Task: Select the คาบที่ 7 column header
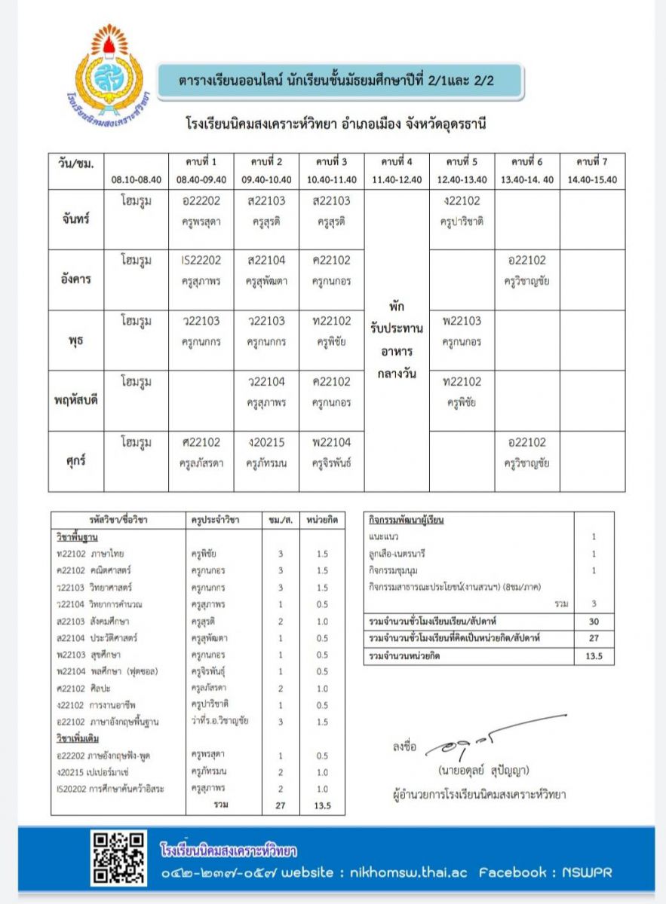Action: [x=592, y=162]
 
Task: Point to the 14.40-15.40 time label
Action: [x=592, y=180]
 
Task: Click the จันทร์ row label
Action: [x=75, y=220]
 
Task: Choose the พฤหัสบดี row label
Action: [x=75, y=400]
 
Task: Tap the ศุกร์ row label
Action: [x=75, y=461]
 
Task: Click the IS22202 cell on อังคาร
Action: [x=201, y=261]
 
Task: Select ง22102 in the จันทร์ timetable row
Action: [x=462, y=200]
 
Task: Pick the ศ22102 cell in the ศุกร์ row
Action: [x=201, y=442]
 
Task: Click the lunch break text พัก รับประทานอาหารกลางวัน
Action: [x=397, y=340]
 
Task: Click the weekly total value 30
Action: [x=594, y=621]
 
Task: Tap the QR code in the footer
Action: [x=118, y=858]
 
